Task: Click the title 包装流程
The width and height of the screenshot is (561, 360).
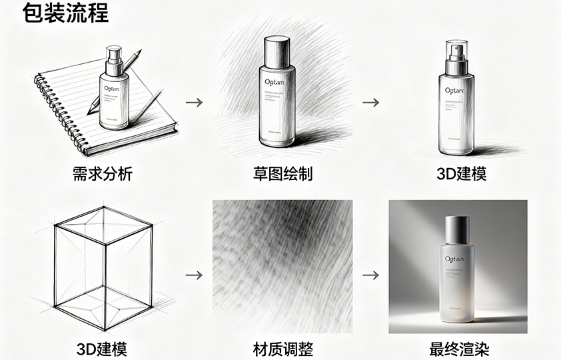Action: click(65, 13)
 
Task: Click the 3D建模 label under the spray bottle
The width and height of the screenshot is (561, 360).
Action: click(461, 175)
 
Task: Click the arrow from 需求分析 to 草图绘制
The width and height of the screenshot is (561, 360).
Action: click(194, 103)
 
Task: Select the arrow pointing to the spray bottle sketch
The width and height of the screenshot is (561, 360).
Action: click(371, 103)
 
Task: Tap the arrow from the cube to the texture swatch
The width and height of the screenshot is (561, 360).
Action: click(194, 275)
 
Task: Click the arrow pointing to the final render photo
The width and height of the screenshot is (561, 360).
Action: click(371, 275)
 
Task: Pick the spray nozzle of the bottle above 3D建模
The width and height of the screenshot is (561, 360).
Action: click(457, 52)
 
